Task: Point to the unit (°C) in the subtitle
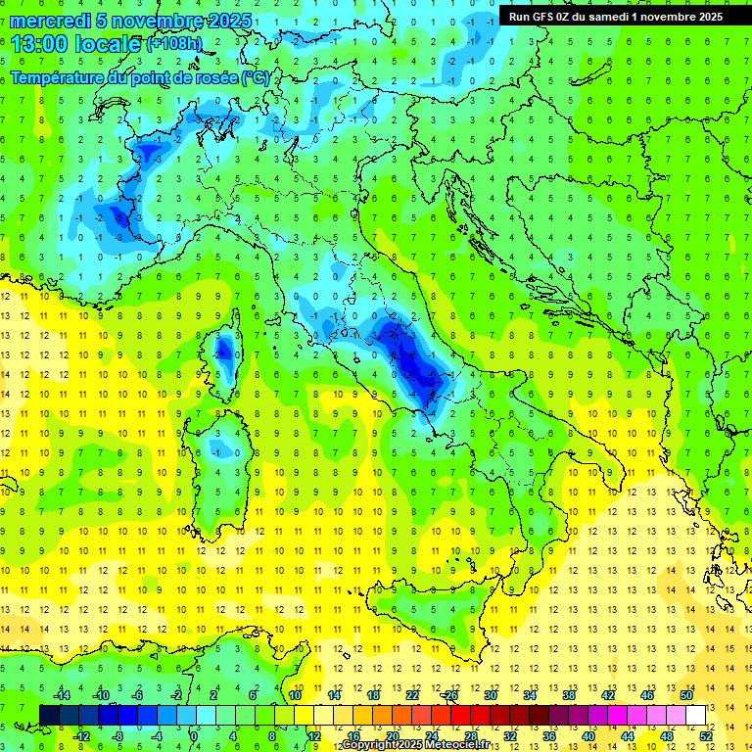[255, 77]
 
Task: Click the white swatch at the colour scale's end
[695, 715]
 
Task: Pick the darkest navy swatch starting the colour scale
[49, 715]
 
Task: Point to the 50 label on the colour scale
[685, 695]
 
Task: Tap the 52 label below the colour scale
[705, 735]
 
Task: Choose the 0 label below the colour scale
[195, 735]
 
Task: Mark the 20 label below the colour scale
[392, 735]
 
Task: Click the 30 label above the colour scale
[490, 695]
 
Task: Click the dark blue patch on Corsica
[224, 348]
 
